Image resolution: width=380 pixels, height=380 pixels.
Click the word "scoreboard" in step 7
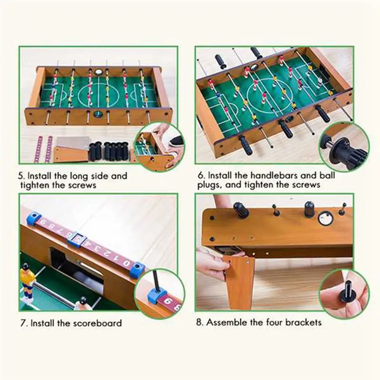pos(97,323)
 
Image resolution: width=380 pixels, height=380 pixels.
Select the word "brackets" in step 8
pos(302,323)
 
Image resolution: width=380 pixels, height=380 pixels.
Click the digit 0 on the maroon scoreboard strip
pos(125,262)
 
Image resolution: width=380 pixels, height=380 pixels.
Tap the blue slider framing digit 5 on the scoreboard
pos(75,238)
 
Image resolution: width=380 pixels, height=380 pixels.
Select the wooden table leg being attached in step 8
pos(239,280)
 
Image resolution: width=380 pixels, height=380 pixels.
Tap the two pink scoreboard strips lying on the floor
pos(44,149)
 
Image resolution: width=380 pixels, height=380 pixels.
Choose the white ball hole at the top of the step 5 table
pos(99,72)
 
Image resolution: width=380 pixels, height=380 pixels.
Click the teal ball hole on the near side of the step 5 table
pos(98,114)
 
